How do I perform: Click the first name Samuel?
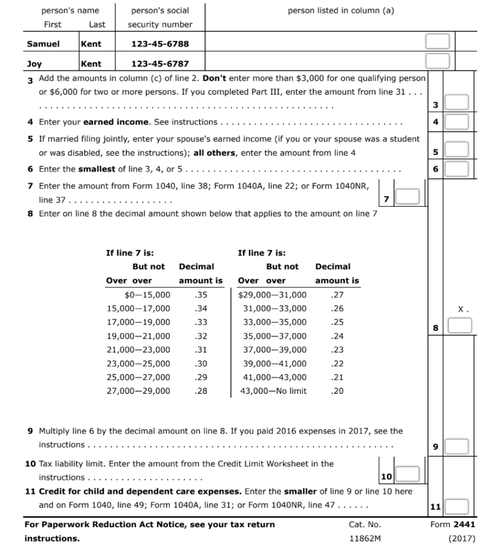pyautogui.click(x=39, y=44)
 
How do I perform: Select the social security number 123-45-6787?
pyautogui.click(x=160, y=64)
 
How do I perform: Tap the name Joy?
pyautogui.click(x=34, y=64)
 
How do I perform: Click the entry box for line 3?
pyautogui.click(x=456, y=104)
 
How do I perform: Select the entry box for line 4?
pyautogui.click(x=456, y=122)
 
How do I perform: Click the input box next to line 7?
pyautogui.click(x=407, y=197)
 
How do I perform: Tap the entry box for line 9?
pyautogui.click(x=456, y=446)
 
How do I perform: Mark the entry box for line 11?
pyautogui.click(x=456, y=507)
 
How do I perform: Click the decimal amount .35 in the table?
pyautogui.click(x=201, y=294)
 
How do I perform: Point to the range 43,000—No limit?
pyautogui.click(x=273, y=391)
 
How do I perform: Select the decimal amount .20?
pyautogui.click(x=337, y=391)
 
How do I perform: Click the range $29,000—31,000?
pyautogui.click(x=273, y=294)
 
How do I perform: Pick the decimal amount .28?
pyautogui.click(x=201, y=391)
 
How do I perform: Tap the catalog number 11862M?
pyautogui.click(x=364, y=539)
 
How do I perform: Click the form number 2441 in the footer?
pyautogui.click(x=464, y=524)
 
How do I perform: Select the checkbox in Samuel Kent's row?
pyautogui.click(x=437, y=42)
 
